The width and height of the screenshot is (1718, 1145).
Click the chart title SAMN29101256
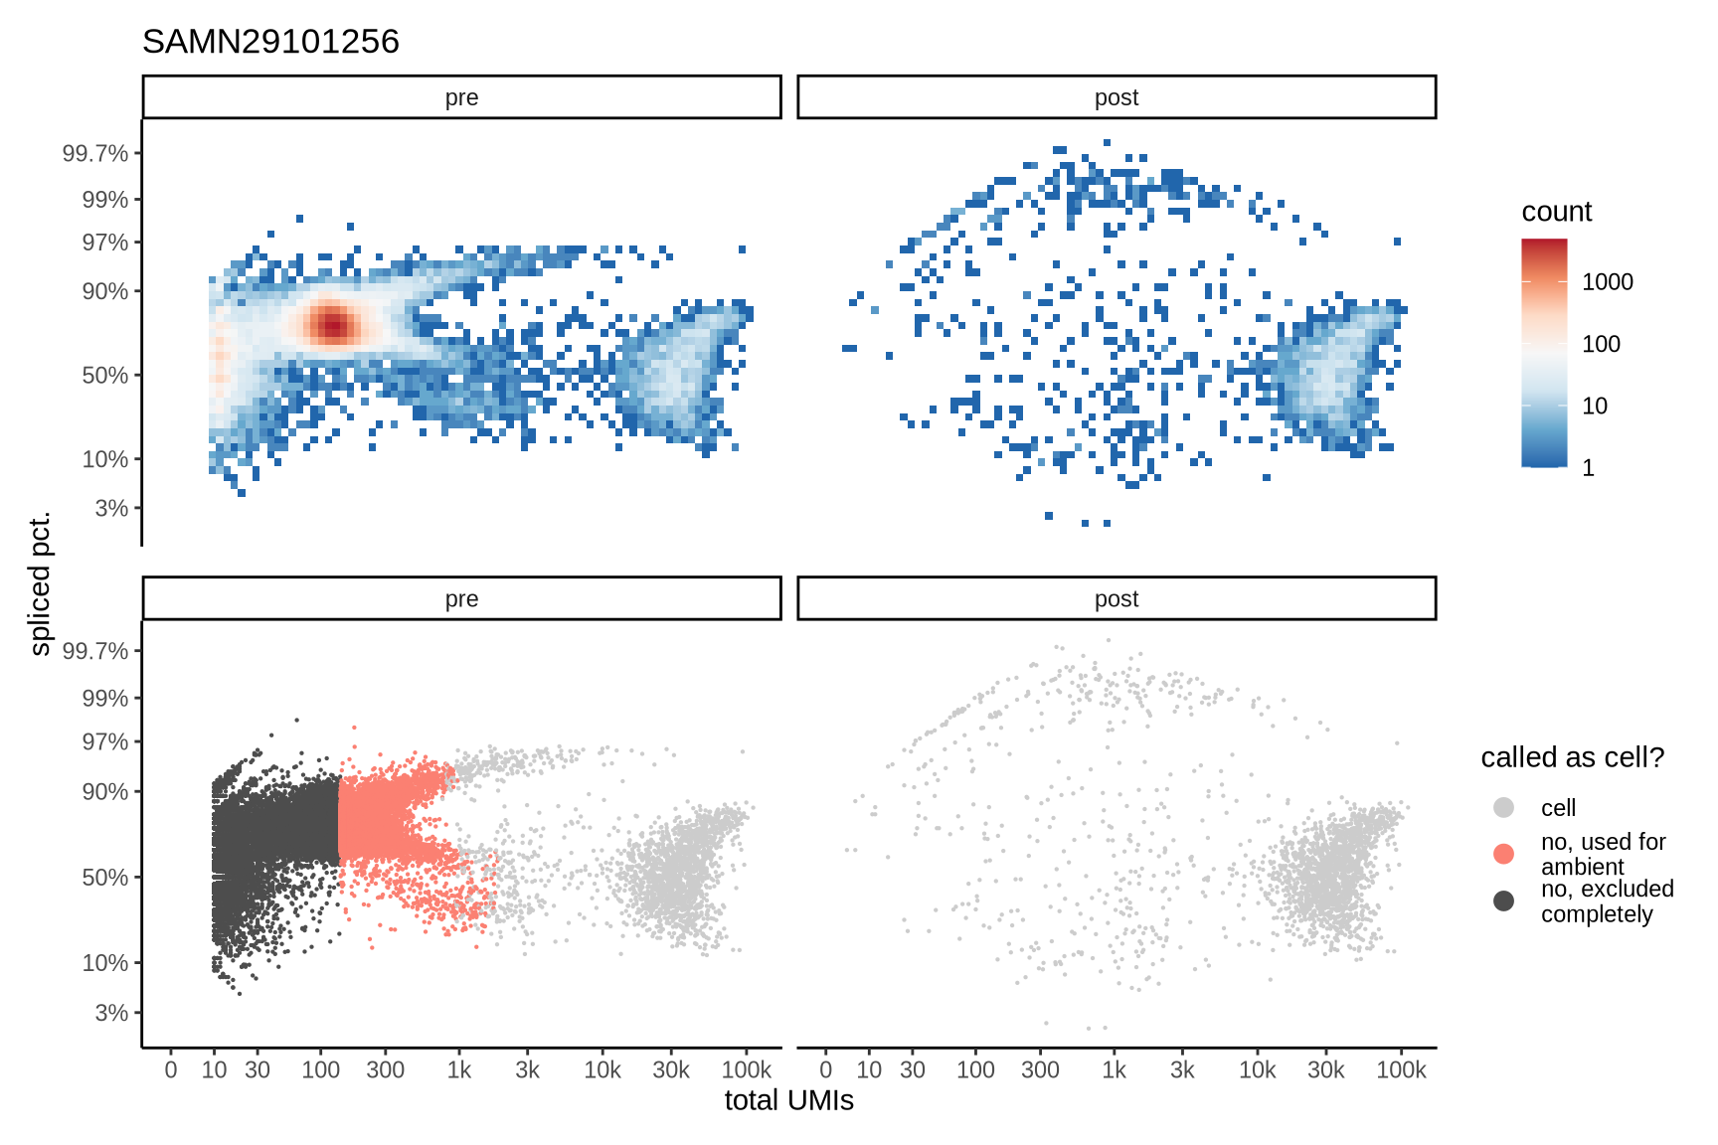(270, 42)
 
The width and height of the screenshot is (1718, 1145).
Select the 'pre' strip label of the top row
(461, 97)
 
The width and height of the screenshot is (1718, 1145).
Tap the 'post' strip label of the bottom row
(1116, 598)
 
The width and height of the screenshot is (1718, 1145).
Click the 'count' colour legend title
(1556, 212)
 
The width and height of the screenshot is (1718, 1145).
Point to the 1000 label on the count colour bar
(1607, 282)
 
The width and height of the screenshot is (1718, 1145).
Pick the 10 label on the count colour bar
(1594, 406)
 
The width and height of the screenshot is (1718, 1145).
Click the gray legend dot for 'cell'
(1503, 807)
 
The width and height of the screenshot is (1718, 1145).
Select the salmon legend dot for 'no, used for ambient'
(1503, 854)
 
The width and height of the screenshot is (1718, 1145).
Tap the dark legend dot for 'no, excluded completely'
(1503, 900)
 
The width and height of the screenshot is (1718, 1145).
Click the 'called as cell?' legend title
(1572, 757)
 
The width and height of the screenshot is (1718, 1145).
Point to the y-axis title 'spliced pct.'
(40, 584)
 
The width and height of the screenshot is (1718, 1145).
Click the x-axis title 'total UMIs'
(788, 1101)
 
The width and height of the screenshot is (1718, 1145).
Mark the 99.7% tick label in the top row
(95, 153)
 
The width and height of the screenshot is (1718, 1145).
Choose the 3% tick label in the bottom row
(111, 1013)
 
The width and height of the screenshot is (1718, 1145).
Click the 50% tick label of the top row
(104, 376)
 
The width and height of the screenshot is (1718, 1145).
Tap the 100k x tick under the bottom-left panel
(746, 1070)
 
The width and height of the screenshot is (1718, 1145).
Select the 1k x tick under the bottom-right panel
(1114, 1070)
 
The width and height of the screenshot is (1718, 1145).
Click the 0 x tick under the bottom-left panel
(171, 1070)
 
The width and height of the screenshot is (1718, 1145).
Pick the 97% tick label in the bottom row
(104, 741)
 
